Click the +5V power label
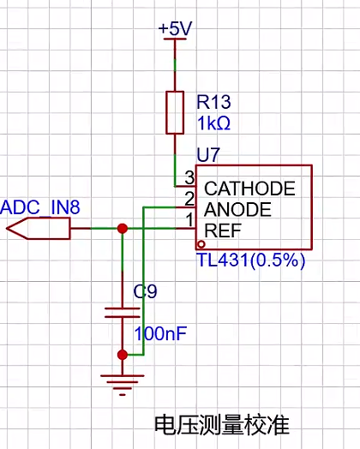tap(175, 28)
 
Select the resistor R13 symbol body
tap(175, 112)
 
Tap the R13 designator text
tap(213, 102)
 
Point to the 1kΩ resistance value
tap(213, 123)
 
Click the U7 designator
tap(208, 155)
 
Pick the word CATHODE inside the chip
tap(249, 189)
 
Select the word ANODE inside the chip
tap(237, 209)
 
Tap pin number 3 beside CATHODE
tap(189, 177)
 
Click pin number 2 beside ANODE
tap(189, 199)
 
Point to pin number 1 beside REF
tap(189, 220)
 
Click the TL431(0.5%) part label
tap(251, 260)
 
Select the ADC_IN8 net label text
tap(40, 207)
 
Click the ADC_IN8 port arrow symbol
tap(38, 228)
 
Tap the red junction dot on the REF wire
tap(123, 229)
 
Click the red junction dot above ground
tap(123, 355)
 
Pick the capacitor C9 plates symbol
tap(123, 313)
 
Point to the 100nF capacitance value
tap(160, 333)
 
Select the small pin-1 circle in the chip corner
tap(201, 244)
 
